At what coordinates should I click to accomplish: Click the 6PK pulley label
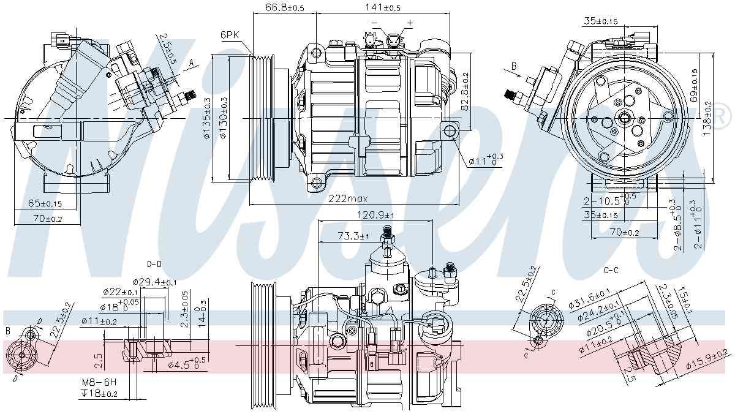[x=230, y=35]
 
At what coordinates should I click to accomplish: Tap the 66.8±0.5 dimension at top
[x=285, y=8]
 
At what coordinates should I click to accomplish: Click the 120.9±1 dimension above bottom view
[x=375, y=215]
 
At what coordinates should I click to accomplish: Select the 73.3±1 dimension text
[x=352, y=236]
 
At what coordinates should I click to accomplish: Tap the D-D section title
[x=154, y=264]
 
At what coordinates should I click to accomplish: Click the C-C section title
[x=611, y=269]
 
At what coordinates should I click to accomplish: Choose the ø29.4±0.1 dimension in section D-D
[x=154, y=281]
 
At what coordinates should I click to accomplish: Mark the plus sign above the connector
[x=410, y=23]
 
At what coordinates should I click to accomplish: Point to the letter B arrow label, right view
[x=514, y=65]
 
